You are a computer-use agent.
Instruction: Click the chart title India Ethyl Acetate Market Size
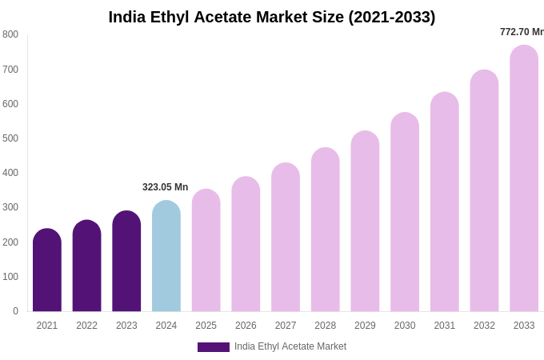pos(272,17)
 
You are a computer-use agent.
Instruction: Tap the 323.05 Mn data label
pos(165,187)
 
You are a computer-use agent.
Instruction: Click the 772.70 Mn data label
pos(522,32)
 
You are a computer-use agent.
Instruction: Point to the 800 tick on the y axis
pos(10,34)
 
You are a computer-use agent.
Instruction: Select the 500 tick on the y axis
pos(10,138)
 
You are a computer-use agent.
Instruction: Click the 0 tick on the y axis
pos(15,311)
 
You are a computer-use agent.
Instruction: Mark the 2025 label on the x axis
pos(206,326)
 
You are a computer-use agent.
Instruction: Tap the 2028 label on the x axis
pos(326,326)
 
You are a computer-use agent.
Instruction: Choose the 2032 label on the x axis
pos(484,326)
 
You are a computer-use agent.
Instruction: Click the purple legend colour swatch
pos(213,347)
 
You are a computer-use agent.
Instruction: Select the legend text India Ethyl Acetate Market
pos(290,346)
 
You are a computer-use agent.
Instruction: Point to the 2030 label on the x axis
pos(405,326)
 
